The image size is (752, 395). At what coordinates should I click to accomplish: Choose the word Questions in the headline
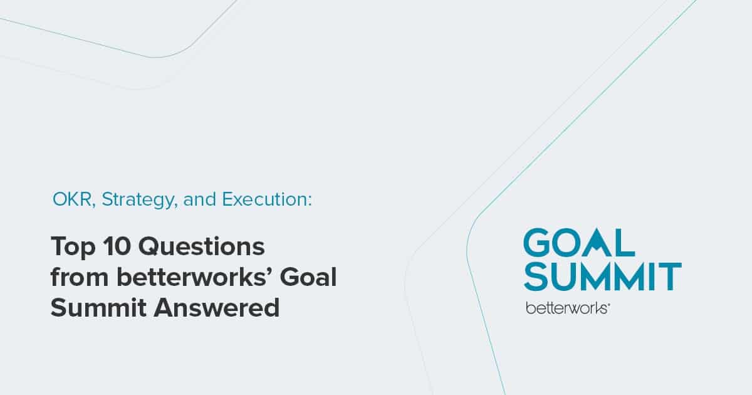201,247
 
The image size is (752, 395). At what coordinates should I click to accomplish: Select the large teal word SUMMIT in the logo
602,276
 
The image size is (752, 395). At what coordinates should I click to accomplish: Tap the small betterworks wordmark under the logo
567,308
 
